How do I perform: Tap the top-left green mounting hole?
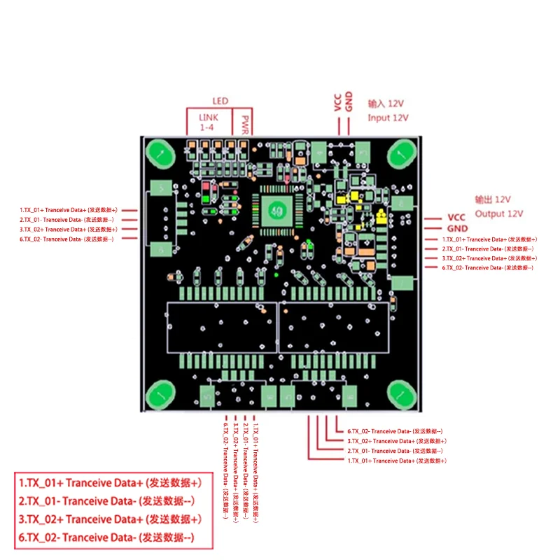point(160,153)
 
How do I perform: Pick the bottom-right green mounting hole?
point(402,395)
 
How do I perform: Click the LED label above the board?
point(220,101)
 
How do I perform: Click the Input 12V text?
point(388,118)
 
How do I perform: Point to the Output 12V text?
point(499,213)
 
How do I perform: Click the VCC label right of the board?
point(456,218)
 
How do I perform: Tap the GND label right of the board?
point(456,228)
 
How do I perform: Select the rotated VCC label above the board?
point(337,103)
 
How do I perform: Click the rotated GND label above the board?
point(349,102)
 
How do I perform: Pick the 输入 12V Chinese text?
point(387,104)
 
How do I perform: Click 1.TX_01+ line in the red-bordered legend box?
point(111,483)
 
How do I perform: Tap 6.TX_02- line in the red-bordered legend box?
point(106,538)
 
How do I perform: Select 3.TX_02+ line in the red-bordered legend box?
point(111,519)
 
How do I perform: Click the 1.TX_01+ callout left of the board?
point(69,209)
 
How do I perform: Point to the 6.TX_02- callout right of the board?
point(487,268)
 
